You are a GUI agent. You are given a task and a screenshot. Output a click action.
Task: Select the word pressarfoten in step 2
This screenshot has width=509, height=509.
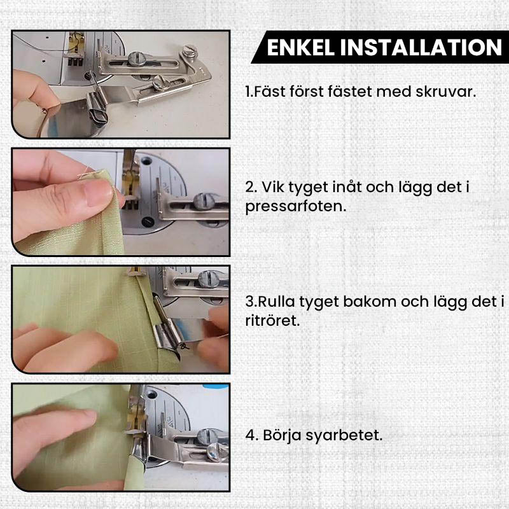[x=296, y=207]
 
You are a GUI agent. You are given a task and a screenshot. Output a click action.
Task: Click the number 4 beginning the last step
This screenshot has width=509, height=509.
[x=249, y=436]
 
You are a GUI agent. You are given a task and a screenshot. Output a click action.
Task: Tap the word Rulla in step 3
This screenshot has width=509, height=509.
[x=273, y=302]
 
